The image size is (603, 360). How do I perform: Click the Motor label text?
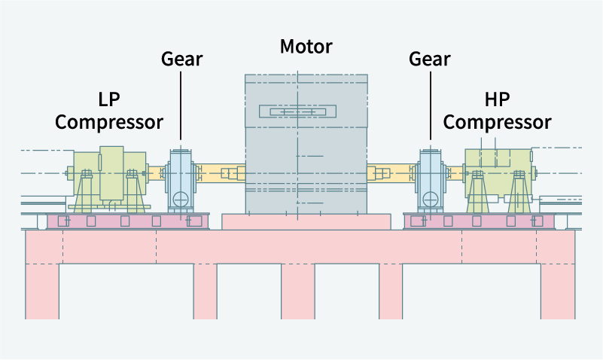coord(306,47)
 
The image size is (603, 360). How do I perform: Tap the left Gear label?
coord(181,58)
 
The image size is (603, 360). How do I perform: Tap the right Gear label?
coord(430,58)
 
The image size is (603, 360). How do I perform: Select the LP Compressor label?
coord(110,110)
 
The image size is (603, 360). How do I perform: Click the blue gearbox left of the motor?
coord(181,181)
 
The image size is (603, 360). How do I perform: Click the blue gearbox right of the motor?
coord(431,181)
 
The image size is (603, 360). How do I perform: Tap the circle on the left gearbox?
coord(181,200)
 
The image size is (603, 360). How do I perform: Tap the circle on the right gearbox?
coord(431,200)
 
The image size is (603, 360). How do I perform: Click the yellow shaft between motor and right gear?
coord(391,174)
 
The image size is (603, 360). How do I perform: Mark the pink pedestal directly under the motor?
coord(306,221)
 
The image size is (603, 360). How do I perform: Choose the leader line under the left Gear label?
coord(181,105)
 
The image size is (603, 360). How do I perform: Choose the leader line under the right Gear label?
coord(430,105)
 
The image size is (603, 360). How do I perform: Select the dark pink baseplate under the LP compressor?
coord(128,221)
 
